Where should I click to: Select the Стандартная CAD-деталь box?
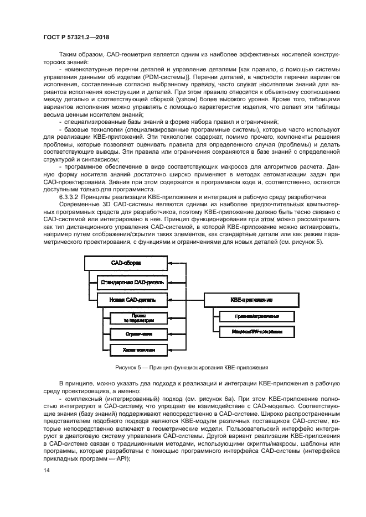tap(131, 283)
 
